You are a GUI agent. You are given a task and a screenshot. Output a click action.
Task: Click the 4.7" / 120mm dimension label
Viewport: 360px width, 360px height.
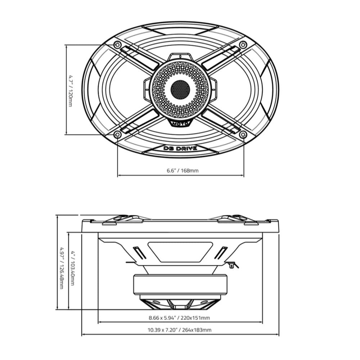point(71,90)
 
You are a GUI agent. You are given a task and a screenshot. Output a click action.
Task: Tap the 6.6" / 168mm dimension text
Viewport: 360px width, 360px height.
point(183,170)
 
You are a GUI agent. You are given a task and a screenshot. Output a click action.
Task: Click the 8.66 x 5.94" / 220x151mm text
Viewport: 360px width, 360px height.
point(179,318)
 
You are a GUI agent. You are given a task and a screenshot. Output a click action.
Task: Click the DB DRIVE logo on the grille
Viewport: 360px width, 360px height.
point(180,148)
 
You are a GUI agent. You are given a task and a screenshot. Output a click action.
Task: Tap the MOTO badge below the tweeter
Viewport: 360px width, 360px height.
point(180,123)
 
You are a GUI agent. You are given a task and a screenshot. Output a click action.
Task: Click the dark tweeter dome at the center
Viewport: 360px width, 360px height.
point(180,89)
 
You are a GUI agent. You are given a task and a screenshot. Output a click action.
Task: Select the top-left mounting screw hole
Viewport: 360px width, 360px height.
point(117,45)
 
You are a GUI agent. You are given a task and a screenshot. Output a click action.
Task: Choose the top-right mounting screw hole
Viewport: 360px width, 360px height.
point(243,45)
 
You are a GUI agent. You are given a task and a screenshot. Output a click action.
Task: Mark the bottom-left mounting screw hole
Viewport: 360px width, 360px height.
point(117,135)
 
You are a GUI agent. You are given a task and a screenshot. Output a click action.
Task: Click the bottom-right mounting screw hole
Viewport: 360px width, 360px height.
point(243,135)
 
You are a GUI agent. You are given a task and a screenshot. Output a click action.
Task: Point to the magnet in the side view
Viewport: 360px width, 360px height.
point(180,284)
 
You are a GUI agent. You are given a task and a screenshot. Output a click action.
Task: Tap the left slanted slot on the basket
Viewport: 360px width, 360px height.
point(139,253)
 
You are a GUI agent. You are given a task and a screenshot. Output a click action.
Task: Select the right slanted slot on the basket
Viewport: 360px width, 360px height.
point(221,253)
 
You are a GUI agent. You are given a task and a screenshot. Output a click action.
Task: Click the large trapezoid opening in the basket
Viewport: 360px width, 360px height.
point(180,251)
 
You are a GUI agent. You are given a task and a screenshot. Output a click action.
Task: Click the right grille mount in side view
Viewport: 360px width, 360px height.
point(238,219)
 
